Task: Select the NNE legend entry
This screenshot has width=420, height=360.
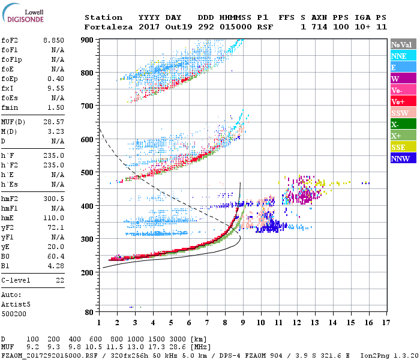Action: tap(403, 56)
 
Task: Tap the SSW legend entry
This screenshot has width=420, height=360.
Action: tap(403, 113)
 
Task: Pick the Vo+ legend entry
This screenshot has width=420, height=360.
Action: tap(403, 101)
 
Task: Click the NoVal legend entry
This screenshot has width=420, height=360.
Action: tap(403, 44)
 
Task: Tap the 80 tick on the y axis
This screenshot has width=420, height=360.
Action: tap(89, 312)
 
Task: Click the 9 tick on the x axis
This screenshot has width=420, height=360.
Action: tap(242, 322)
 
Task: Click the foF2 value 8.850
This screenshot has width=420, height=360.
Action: tap(54, 40)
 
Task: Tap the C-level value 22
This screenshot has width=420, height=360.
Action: tap(59, 280)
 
